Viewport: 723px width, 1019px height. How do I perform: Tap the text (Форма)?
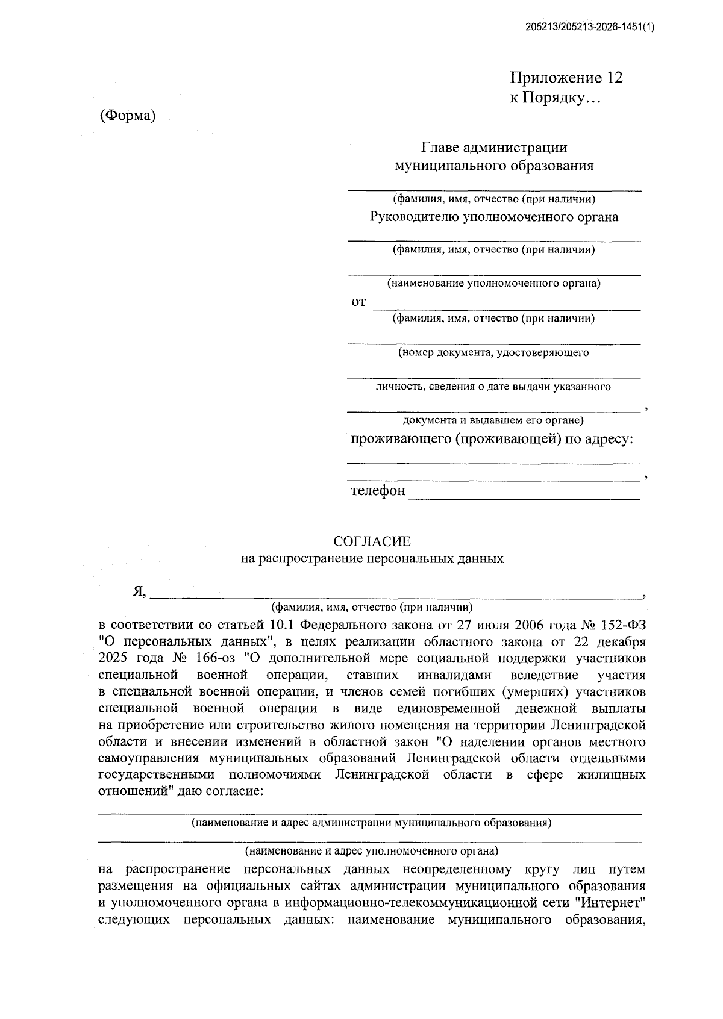[128, 116]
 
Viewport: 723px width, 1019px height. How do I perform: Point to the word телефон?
[378, 491]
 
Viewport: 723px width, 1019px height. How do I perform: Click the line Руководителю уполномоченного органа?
[493, 217]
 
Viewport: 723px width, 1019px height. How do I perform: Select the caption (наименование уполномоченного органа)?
[493, 283]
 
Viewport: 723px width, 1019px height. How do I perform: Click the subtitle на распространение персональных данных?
[372, 559]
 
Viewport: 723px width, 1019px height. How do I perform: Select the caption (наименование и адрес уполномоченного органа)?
[372, 851]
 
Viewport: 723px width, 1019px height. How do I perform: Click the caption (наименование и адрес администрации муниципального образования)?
[372, 822]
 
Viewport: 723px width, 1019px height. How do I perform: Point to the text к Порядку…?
[555, 98]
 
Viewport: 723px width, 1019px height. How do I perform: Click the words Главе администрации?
[493, 148]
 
